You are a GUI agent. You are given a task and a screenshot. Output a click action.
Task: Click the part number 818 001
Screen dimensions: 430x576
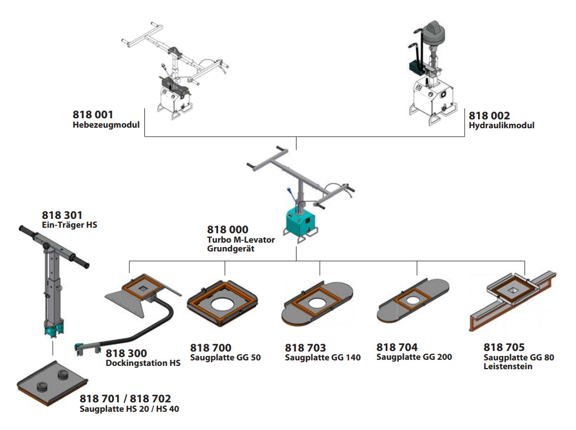point(93,115)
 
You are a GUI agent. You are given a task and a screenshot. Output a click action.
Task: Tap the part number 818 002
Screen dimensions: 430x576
point(489,116)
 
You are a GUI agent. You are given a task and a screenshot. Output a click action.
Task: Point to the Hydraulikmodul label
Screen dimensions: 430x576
point(501,125)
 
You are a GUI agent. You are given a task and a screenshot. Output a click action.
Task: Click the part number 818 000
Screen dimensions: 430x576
point(227,229)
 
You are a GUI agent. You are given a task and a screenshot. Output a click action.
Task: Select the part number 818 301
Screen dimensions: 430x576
point(62,215)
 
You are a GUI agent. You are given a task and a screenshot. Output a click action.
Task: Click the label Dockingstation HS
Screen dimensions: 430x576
point(143,363)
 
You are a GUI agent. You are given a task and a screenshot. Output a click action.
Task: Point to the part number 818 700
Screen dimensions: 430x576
point(211,348)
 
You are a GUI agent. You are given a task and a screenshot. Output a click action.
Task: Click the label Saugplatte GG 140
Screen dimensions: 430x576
point(323,358)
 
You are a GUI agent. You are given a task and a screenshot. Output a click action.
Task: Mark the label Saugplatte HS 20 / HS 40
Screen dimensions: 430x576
point(129,409)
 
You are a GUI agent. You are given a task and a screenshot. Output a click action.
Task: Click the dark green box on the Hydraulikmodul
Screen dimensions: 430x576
point(413,67)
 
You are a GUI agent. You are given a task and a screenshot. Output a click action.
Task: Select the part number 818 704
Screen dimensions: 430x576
point(397,347)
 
